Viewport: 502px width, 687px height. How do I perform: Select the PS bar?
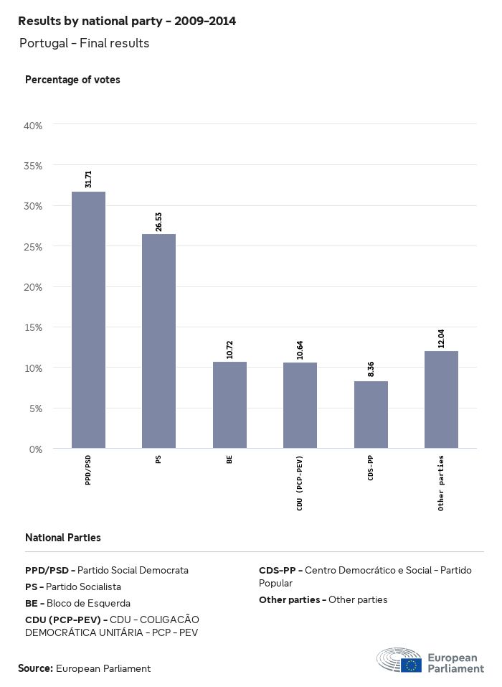(x=158, y=341)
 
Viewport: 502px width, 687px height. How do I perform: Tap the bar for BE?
(x=229, y=405)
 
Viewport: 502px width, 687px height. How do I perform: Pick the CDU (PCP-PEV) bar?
(x=300, y=406)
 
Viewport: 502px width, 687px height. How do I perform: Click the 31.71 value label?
(x=88, y=179)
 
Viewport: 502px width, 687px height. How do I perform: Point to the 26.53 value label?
(x=158, y=222)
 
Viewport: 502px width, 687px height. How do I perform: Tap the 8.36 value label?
(x=371, y=369)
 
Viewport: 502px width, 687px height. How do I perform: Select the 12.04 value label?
(x=441, y=339)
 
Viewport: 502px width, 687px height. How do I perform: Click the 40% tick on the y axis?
(x=34, y=126)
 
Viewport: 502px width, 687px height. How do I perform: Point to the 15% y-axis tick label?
(x=34, y=327)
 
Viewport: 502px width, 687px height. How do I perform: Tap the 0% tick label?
(x=36, y=449)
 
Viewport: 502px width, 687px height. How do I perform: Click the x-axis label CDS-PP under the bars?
(x=371, y=468)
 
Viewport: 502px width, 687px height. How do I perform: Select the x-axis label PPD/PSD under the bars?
(x=88, y=470)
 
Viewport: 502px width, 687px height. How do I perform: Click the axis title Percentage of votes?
(x=72, y=80)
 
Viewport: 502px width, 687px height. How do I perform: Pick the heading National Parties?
(x=63, y=538)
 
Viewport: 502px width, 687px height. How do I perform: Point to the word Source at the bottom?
(x=35, y=668)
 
